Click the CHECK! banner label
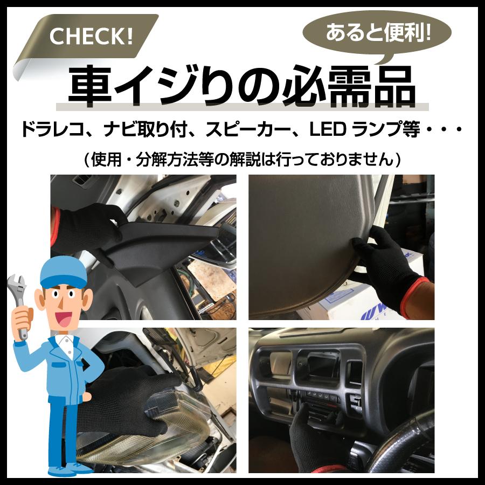click(91, 37)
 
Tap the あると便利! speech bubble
click(378, 33)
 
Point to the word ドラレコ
click(52, 131)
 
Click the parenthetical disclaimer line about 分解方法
click(242, 160)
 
